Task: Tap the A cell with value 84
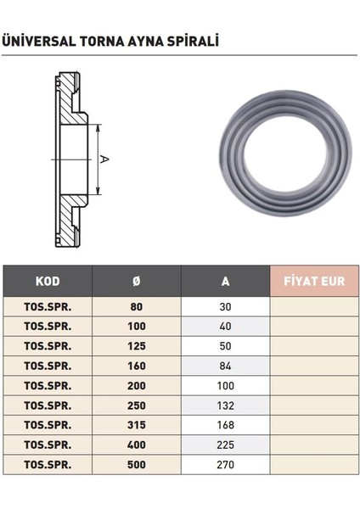point(224,366)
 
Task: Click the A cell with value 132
point(224,406)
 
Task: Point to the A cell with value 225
point(224,445)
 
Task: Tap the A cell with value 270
point(224,465)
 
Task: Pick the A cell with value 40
point(224,327)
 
